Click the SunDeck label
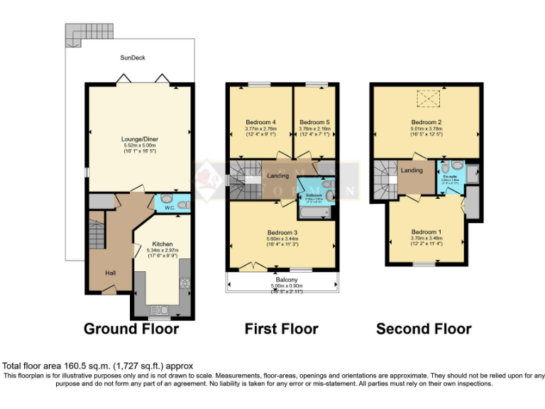click(133, 58)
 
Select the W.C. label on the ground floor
click(167, 207)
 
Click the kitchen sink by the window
click(158, 309)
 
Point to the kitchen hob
click(186, 283)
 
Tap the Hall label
click(111, 272)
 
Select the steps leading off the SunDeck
click(79, 31)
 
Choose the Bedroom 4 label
click(260, 121)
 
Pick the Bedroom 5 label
click(314, 121)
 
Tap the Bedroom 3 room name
click(282, 232)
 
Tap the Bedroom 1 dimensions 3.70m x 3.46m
click(426, 238)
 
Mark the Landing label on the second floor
click(412, 170)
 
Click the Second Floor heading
click(423, 329)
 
